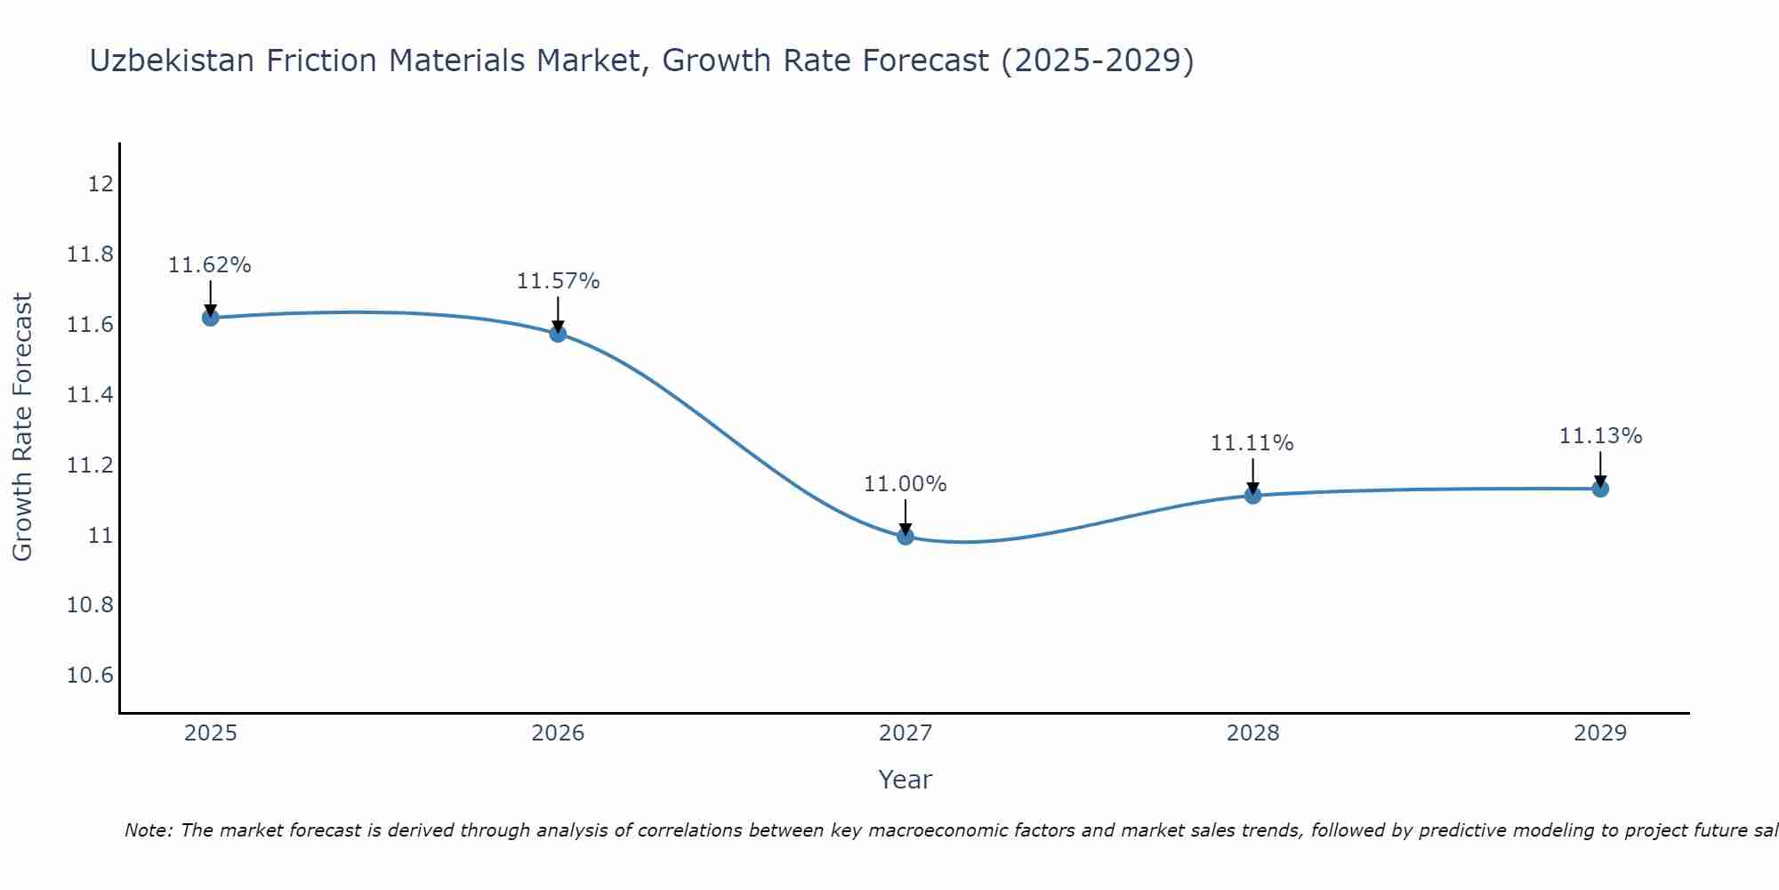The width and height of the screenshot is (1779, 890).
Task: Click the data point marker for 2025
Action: tap(210, 318)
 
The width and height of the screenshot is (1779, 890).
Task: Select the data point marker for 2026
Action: tap(558, 334)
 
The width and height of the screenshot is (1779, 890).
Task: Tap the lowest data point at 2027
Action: tap(906, 536)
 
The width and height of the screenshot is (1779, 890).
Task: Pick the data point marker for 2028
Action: tap(1252, 496)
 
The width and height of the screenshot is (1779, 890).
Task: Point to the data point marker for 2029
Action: tap(1600, 489)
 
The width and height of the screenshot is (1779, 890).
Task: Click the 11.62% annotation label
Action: tap(210, 265)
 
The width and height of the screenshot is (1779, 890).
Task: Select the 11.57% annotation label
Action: tap(558, 281)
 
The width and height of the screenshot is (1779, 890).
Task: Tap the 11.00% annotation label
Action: tap(906, 484)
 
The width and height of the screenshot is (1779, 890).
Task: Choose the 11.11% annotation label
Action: tap(1252, 443)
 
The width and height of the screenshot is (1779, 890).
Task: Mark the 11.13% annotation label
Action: tap(1600, 436)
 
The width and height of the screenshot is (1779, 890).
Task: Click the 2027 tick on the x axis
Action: tap(906, 733)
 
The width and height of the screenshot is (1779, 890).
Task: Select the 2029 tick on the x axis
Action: tap(1600, 733)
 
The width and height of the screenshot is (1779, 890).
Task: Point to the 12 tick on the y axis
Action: tap(101, 184)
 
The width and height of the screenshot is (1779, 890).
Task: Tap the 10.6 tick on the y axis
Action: tap(91, 676)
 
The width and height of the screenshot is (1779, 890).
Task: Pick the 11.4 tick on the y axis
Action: tap(91, 395)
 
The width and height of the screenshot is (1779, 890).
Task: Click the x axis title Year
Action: tap(905, 780)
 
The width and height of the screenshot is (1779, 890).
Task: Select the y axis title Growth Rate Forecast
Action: tap(22, 427)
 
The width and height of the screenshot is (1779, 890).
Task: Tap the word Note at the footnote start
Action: tap(148, 830)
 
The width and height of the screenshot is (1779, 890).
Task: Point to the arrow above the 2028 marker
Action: tap(1252, 475)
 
